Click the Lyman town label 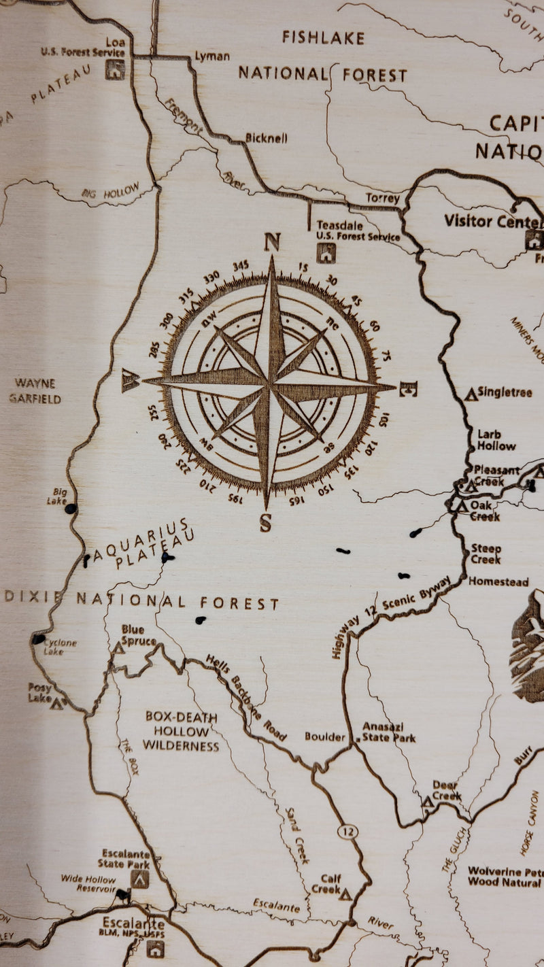[212, 56]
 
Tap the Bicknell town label [267, 138]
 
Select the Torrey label [383, 199]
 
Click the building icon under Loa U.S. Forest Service [115, 69]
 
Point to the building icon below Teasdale [326, 254]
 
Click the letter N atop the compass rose [272, 242]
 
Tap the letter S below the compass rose [266, 524]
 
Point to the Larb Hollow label [496, 440]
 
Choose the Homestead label [498, 582]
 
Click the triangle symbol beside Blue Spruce [118, 647]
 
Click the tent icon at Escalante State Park [140, 879]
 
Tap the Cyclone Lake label [60, 647]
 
